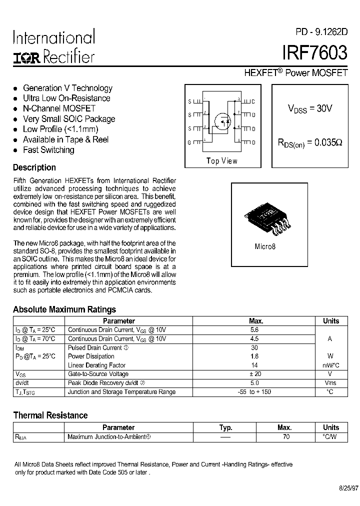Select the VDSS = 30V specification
click(x=309, y=108)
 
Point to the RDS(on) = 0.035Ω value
click(x=310, y=142)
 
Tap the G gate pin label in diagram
click(x=189, y=142)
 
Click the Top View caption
click(x=222, y=160)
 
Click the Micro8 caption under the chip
click(x=265, y=246)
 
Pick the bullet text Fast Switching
click(x=48, y=150)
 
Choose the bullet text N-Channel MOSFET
click(x=59, y=108)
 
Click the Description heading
click(x=34, y=167)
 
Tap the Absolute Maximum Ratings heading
click(x=64, y=309)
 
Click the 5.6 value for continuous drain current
click(x=254, y=330)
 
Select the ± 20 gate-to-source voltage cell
click(x=254, y=374)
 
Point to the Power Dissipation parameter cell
click(x=91, y=356)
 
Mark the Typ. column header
click(x=226, y=427)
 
